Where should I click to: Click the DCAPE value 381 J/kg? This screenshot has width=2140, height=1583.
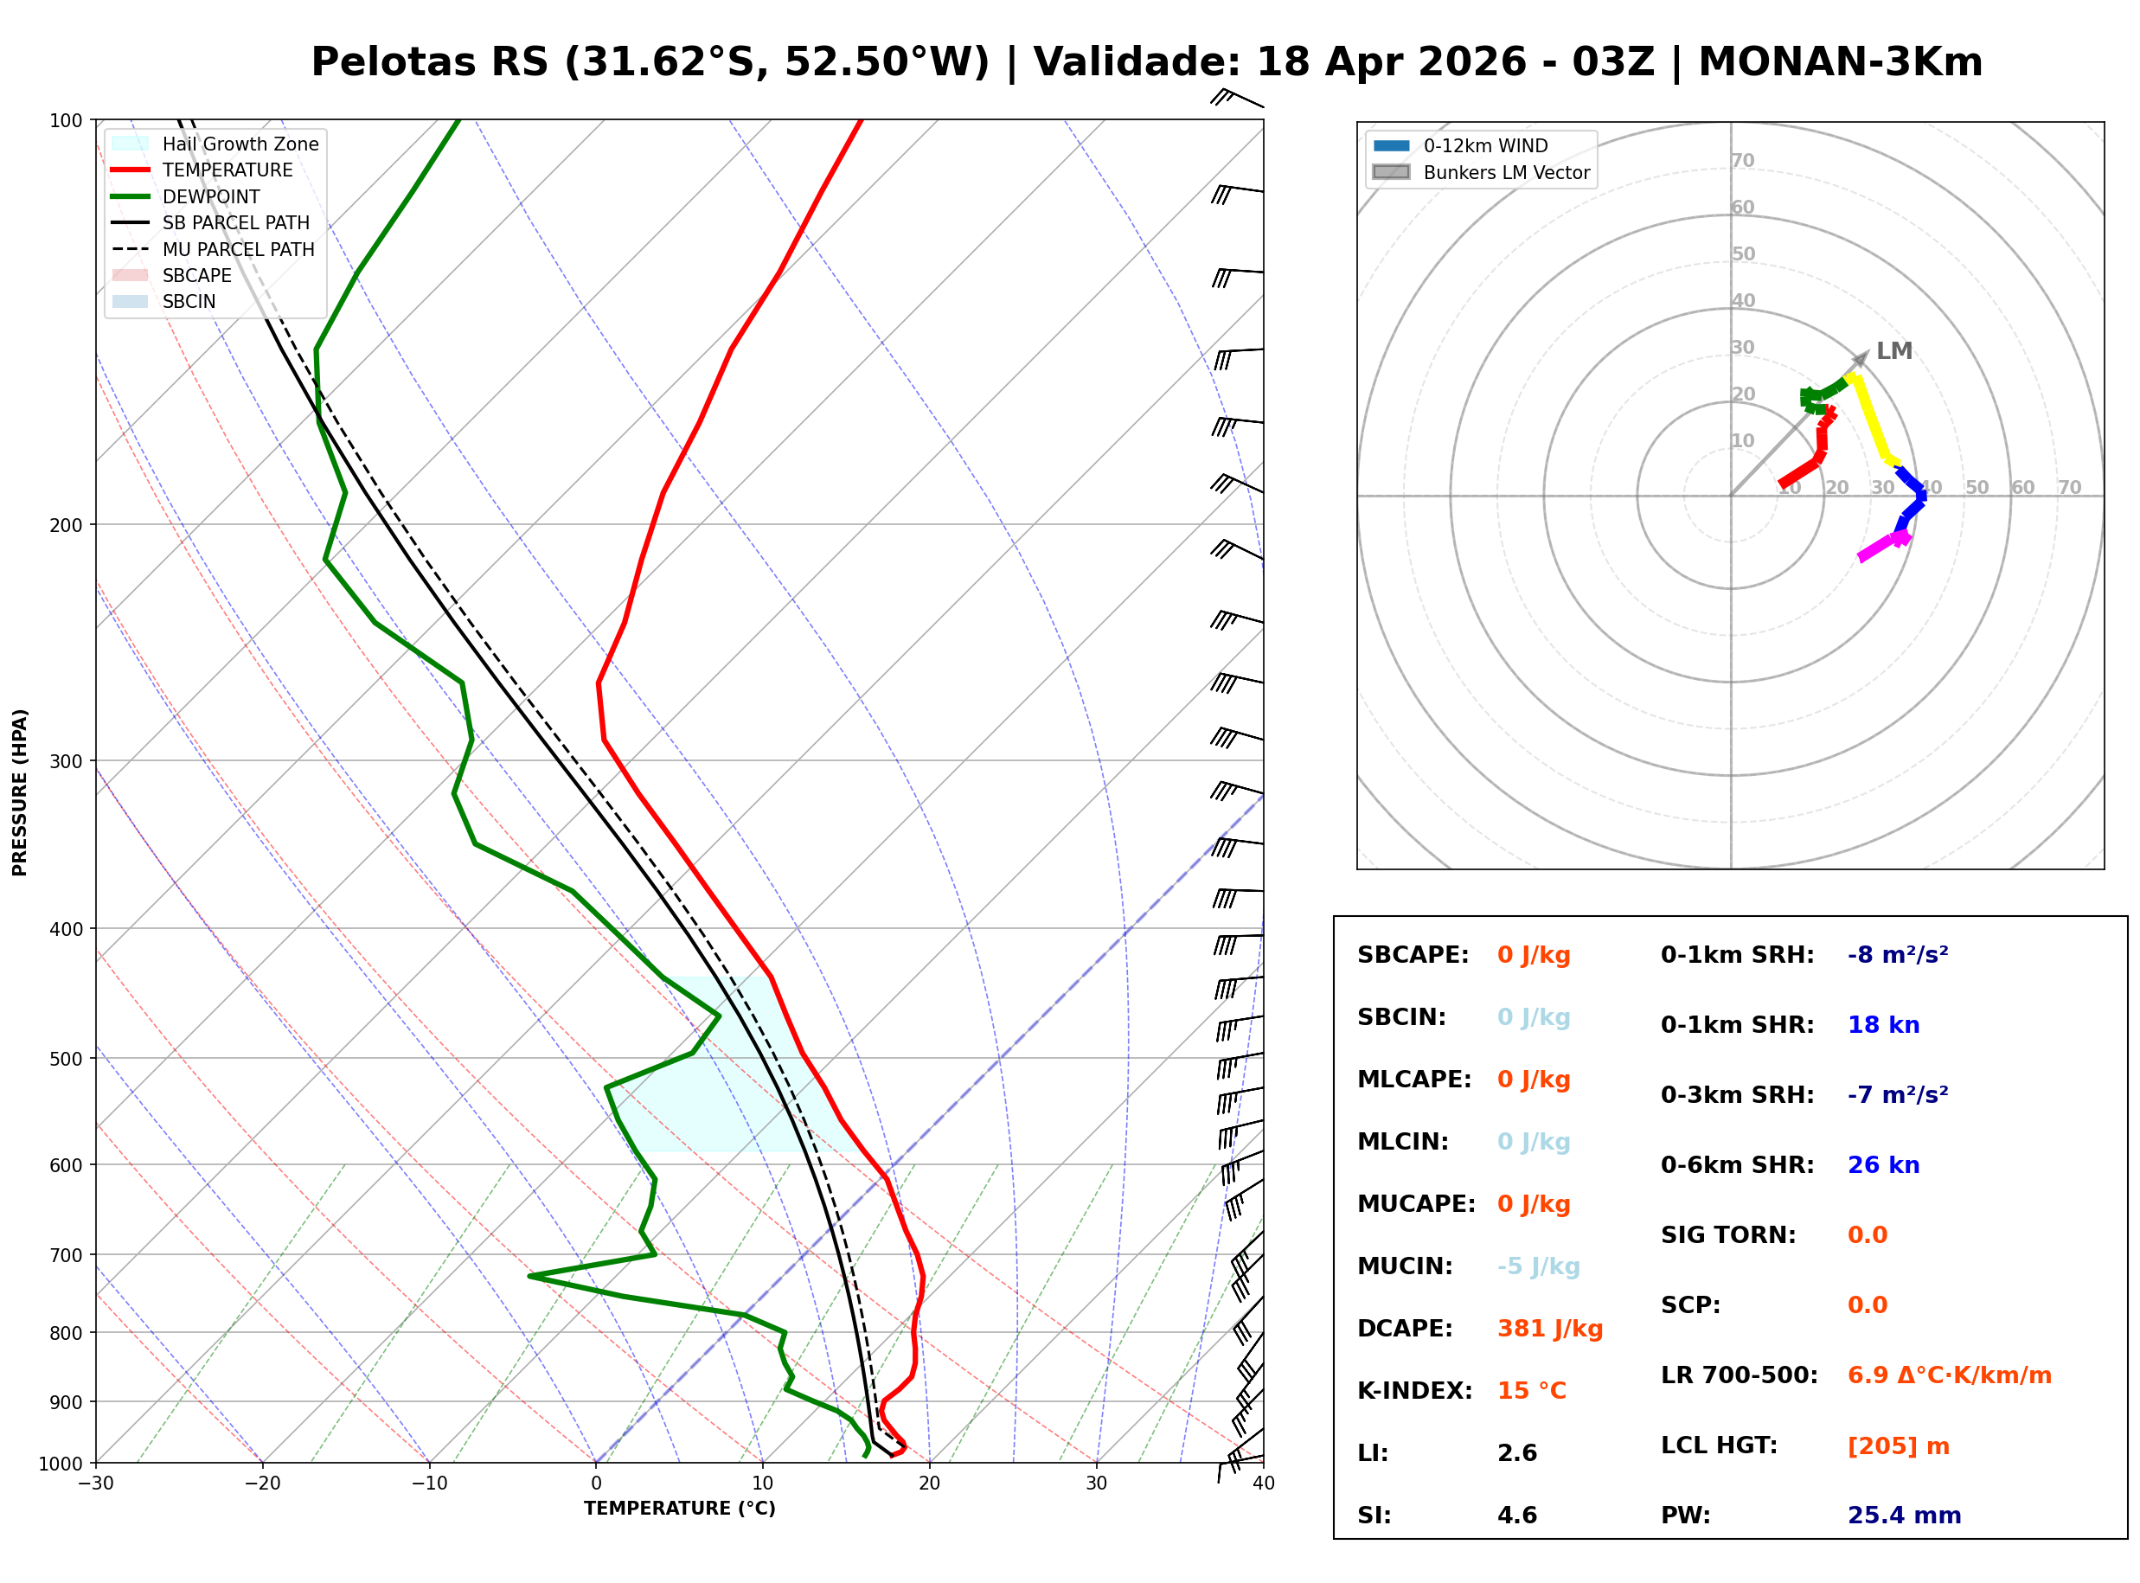1549,1328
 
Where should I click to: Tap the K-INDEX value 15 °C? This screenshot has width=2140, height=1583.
1531,1390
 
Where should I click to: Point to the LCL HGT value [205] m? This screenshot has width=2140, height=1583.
1898,1446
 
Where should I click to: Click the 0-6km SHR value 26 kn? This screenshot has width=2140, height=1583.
1882,1165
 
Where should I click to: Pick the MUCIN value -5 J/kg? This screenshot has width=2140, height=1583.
1537,1266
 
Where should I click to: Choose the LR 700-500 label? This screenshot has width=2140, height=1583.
1739,1375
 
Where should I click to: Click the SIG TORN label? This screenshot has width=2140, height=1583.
1727,1235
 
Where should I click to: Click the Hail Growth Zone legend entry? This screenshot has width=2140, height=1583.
240,144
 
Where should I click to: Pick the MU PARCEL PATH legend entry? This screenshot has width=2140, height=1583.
238,249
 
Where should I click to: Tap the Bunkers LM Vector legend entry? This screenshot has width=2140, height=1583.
1506,172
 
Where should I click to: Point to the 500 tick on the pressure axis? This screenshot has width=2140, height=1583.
65,1059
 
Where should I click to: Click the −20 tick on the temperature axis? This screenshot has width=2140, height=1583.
262,1484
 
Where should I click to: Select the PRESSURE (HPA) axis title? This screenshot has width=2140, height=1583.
20,791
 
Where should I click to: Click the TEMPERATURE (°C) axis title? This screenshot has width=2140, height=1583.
679,1509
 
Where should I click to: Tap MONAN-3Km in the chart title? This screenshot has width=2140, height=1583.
1839,62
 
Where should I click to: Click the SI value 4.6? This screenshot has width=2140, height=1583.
1516,1515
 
